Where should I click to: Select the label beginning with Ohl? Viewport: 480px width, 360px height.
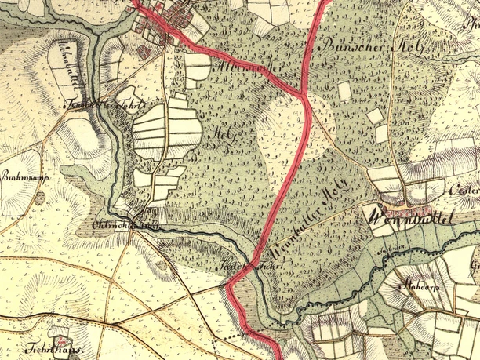click(115, 226)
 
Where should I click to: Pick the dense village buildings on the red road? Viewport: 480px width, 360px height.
click(169, 20)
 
